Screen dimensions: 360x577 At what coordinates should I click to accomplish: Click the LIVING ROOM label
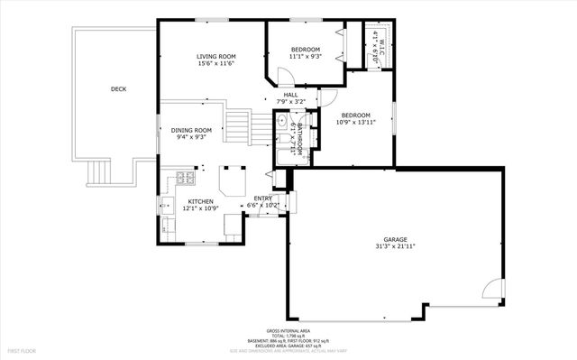point(215,57)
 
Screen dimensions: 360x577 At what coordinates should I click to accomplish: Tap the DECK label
point(118,88)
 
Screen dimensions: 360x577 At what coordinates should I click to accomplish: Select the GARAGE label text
point(395,239)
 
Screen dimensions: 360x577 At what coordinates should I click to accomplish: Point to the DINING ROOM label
point(191,130)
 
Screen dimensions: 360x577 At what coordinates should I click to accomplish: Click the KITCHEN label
point(200,201)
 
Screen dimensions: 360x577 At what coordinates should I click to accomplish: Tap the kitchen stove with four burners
point(184,177)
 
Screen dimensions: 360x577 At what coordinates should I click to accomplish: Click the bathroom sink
point(282,121)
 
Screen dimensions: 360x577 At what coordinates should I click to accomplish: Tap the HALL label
point(290,95)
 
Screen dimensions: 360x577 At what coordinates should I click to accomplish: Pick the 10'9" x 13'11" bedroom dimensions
point(357,122)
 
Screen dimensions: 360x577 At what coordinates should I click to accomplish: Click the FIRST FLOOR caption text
point(23,349)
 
